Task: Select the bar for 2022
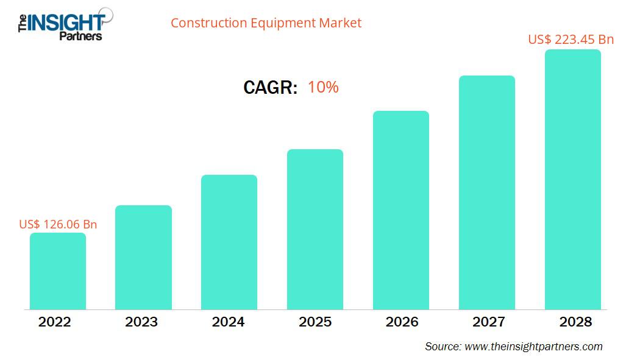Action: [x=58, y=271]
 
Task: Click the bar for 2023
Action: [x=143, y=257]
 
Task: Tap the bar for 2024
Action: [x=229, y=242]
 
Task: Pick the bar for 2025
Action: [x=315, y=229]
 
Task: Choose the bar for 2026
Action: [x=401, y=210]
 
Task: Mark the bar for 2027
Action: [x=486, y=192]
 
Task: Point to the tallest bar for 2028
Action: [x=572, y=179]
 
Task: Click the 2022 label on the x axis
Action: [x=55, y=322]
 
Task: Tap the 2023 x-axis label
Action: [x=141, y=322]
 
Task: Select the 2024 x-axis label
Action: [x=228, y=322]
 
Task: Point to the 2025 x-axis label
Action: [x=315, y=322]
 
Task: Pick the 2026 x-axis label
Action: [x=402, y=322]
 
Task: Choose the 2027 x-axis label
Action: [x=488, y=322]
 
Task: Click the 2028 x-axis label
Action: [x=575, y=322]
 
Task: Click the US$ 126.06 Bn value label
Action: [x=58, y=224]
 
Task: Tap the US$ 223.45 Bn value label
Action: [x=571, y=40]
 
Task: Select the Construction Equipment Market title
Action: [x=266, y=23]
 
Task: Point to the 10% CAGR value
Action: [x=323, y=87]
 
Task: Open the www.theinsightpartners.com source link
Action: [x=533, y=346]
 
